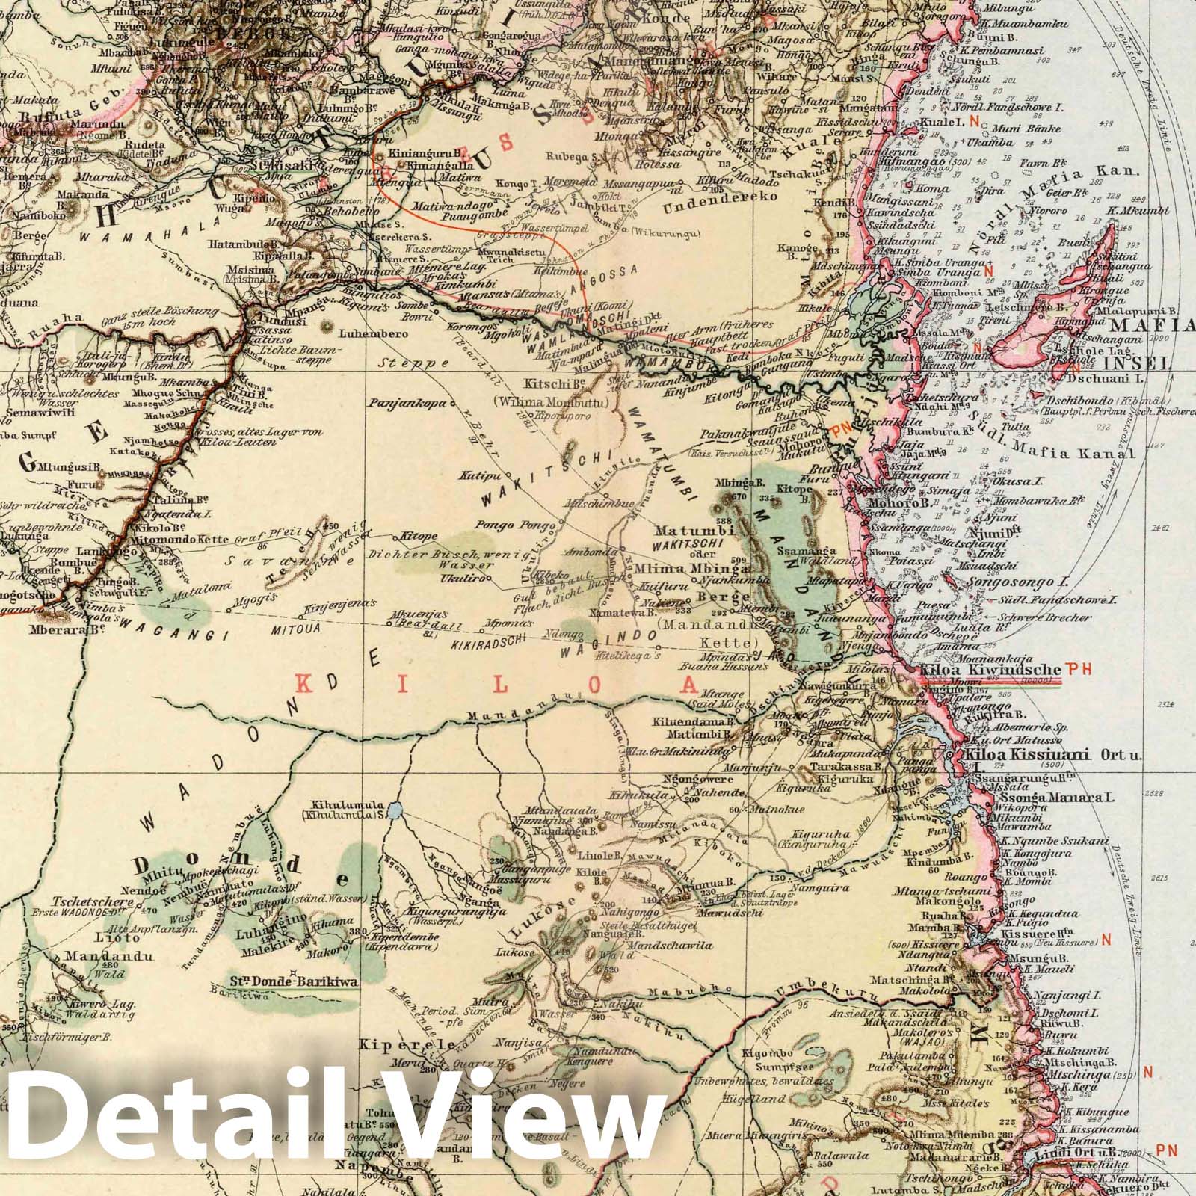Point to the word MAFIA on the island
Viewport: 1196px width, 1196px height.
(1153, 326)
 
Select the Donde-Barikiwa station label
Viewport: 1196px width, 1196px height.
(293, 981)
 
